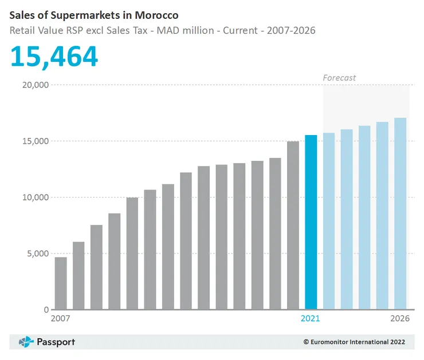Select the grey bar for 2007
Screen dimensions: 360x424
click(x=61, y=283)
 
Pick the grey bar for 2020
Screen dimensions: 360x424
click(x=293, y=226)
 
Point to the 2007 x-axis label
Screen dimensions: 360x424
click(x=61, y=319)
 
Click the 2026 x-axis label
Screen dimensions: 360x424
click(x=400, y=319)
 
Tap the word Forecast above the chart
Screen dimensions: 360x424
click(x=339, y=77)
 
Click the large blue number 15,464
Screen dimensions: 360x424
click(x=54, y=56)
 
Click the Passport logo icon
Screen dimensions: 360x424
click(x=26, y=342)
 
